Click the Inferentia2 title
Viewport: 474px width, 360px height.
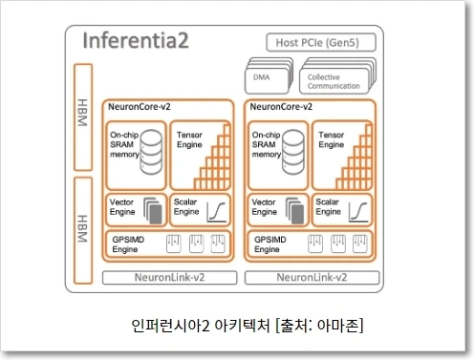click(x=136, y=40)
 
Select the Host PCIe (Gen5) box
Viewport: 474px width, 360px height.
click(x=321, y=42)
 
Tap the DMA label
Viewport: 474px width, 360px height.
click(x=261, y=77)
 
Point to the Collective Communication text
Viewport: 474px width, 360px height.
click(x=334, y=81)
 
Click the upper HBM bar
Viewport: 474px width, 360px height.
click(x=83, y=117)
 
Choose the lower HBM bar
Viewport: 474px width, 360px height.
click(x=83, y=230)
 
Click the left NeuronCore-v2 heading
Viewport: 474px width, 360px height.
click(x=140, y=107)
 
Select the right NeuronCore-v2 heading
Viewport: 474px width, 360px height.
click(x=281, y=107)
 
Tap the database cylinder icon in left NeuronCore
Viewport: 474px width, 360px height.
click(x=151, y=152)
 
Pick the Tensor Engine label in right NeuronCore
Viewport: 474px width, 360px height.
click(x=332, y=139)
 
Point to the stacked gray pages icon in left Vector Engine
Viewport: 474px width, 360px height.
click(x=153, y=210)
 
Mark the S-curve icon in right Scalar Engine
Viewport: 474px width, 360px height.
click(x=358, y=212)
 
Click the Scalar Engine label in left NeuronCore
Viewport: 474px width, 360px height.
click(x=186, y=207)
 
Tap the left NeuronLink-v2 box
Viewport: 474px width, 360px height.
click(x=169, y=278)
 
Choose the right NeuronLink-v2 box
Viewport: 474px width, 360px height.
click(x=312, y=278)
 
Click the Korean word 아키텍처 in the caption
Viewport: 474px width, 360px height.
click(x=242, y=326)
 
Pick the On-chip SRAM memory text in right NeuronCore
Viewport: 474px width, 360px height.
click(x=267, y=144)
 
